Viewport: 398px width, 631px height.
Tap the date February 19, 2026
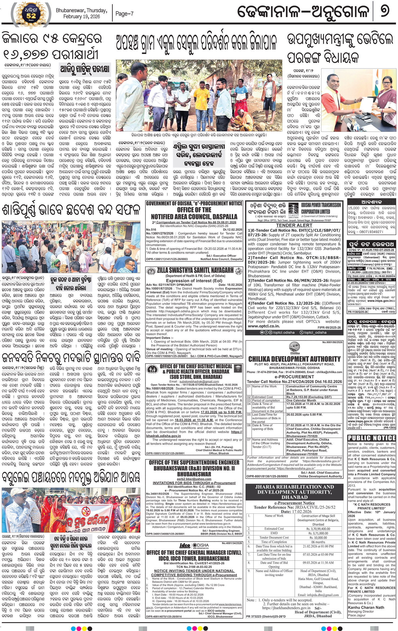(x=81, y=16)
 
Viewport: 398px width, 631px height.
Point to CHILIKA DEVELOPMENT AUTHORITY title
(x=294, y=359)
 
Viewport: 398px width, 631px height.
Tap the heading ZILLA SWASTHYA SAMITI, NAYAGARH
(x=195, y=270)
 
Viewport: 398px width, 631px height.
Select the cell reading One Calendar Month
(x=301, y=400)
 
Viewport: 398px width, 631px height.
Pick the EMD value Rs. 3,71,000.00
(x=318, y=533)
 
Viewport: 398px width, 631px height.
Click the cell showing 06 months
(x=318, y=542)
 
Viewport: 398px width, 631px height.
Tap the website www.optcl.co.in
(x=264, y=326)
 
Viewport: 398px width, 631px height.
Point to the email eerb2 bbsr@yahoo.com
(x=194, y=479)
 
